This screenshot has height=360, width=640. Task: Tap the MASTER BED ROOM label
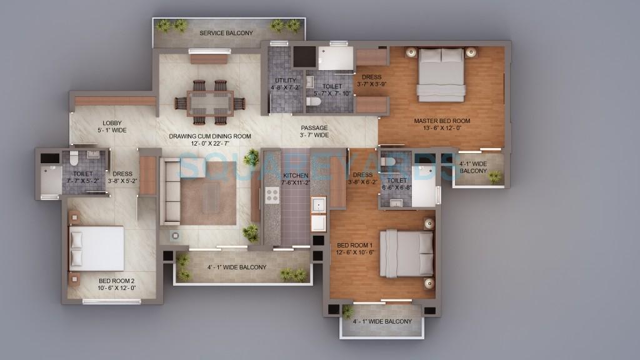click(x=442, y=121)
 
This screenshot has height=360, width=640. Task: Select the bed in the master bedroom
click(x=441, y=74)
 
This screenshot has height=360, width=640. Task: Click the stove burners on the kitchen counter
click(x=272, y=195)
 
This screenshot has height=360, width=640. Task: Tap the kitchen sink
click(x=319, y=205)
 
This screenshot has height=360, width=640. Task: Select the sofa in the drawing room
click(x=170, y=191)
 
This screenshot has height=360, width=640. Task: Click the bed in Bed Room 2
click(x=96, y=248)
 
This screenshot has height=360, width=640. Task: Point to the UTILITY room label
click(x=285, y=81)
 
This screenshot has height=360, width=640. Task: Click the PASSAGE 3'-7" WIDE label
click(x=314, y=131)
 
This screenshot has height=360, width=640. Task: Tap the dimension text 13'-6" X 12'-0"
click(x=442, y=129)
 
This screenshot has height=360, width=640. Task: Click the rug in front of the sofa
click(x=209, y=194)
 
